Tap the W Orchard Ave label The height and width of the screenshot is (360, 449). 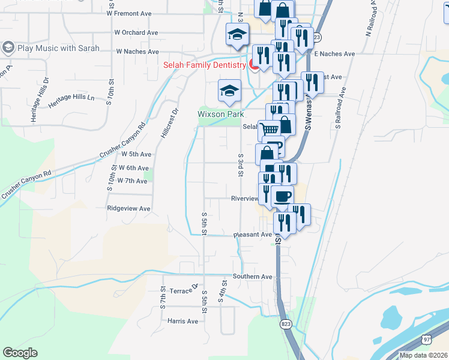pyautogui.click(x=136, y=32)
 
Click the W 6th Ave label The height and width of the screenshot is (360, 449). pyautogui.click(x=133, y=168)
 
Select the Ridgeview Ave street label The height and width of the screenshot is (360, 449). pyautogui.click(x=128, y=208)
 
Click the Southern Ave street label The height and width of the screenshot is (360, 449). pyautogui.click(x=253, y=277)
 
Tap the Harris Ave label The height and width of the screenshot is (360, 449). pyautogui.click(x=182, y=321)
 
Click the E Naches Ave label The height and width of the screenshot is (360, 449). pyautogui.click(x=334, y=54)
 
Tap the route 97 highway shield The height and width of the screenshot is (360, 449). pyautogui.click(x=426, y=339)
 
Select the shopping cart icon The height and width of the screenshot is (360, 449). pyautogui.click(x=269, y=130)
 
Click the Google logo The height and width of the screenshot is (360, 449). pyautogui.click(x=20, y=353)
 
